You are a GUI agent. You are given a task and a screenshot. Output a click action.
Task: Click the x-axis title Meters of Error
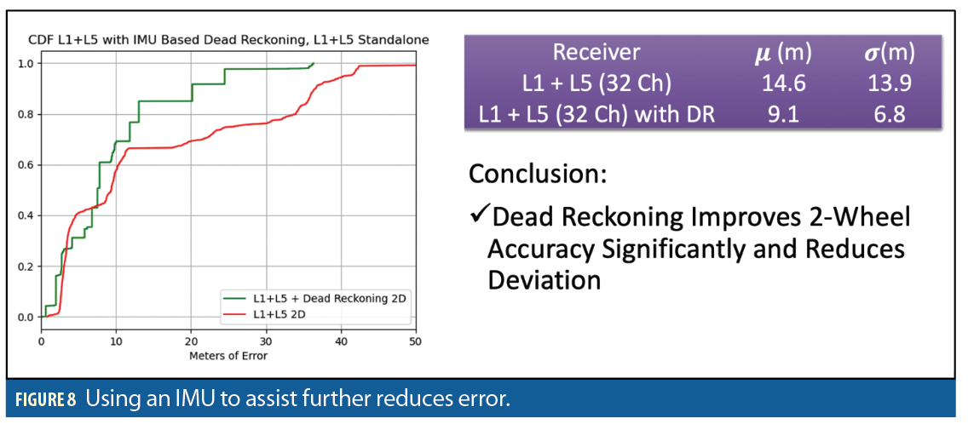click(x=228, y=355)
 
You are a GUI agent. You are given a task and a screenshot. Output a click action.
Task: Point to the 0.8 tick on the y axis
click(x=26, y=114)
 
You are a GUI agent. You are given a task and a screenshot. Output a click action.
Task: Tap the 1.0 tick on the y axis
click(x=26, y=64)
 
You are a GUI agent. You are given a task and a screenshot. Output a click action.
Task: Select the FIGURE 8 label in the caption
click(x=48, y=399)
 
